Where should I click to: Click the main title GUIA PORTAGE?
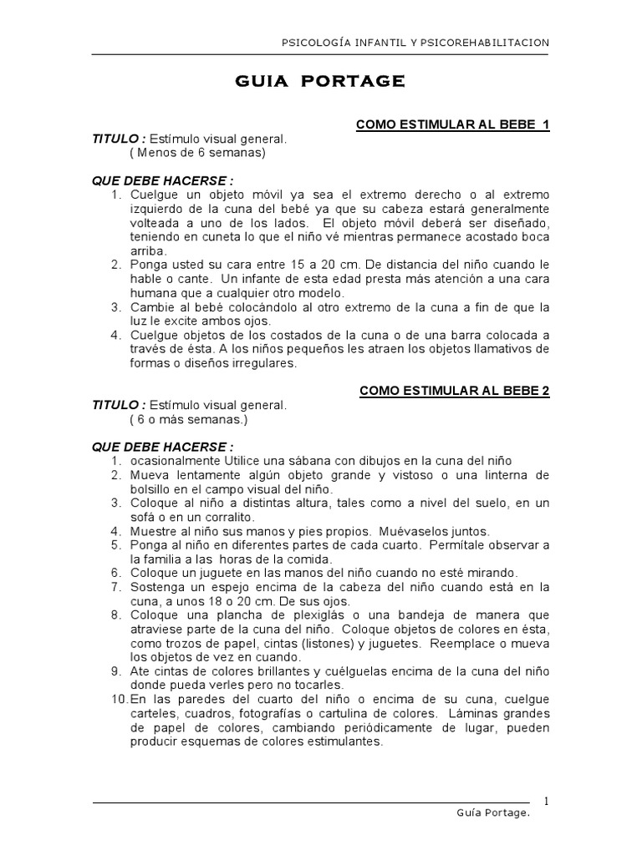(321, 81)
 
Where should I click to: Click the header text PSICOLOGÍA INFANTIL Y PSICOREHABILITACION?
(415, 43)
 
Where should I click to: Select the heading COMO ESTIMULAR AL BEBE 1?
(452, 124)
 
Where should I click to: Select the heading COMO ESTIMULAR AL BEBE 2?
(454, 390)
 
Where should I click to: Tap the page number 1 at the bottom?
(546, 801)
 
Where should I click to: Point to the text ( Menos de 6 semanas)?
(197, 153)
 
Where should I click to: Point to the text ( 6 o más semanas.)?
(189, 418)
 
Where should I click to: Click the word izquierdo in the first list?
(157, 208)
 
